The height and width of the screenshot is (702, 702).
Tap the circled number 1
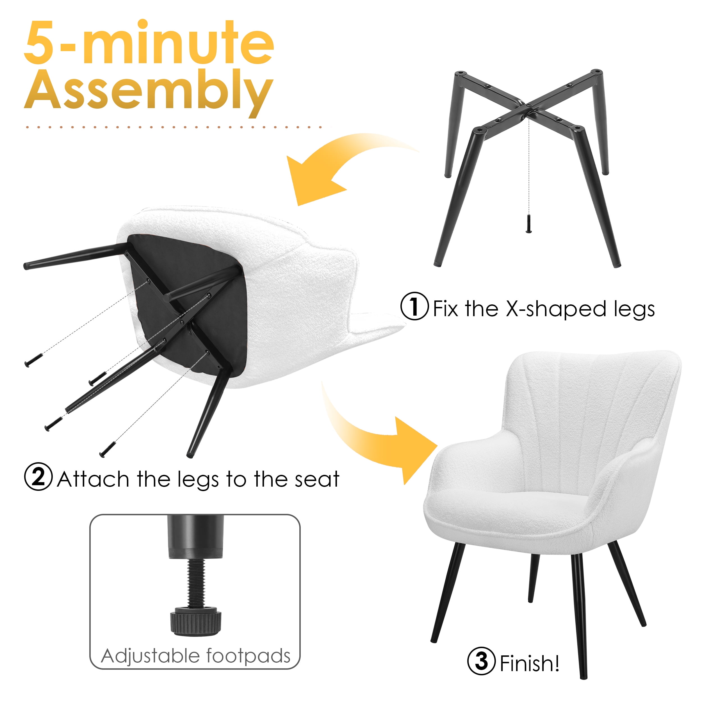pyautogui.click(x=414, y=306)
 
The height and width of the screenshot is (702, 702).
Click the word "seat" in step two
pyautogui.click(x=317, y=479)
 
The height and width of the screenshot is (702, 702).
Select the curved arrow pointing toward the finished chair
pyautogui.click(x=374, y=432)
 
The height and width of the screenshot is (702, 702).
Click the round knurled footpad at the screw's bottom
pyautogui.click(x=195, y=623)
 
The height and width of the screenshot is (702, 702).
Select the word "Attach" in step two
pyautogui.click(x=93, y=479)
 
